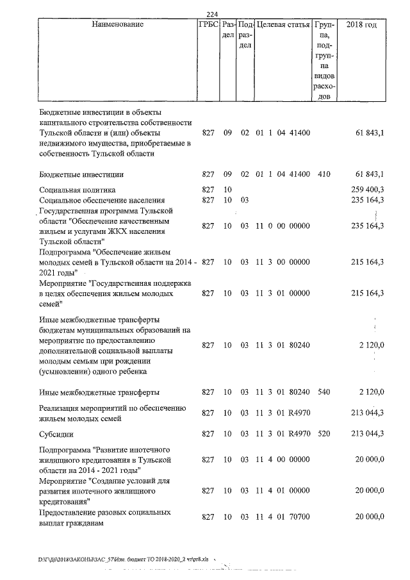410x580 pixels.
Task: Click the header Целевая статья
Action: point(283,25)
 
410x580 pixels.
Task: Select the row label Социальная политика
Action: point(77,190)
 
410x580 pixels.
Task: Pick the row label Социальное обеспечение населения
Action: point(102,201)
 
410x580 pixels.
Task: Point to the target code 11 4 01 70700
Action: point(283,517)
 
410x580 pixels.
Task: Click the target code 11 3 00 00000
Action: point(283,262)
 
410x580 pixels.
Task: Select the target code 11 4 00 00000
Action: point(283,460)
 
